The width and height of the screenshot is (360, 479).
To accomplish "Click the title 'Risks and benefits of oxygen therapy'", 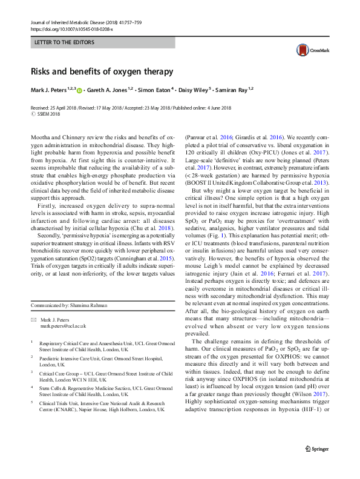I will coord(102,71).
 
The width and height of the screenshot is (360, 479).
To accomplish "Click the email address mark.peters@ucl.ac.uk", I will coord(64,326).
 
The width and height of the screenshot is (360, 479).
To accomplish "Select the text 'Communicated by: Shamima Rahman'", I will coord(71,305).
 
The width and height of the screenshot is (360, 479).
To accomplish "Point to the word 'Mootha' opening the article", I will coord(41,139).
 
